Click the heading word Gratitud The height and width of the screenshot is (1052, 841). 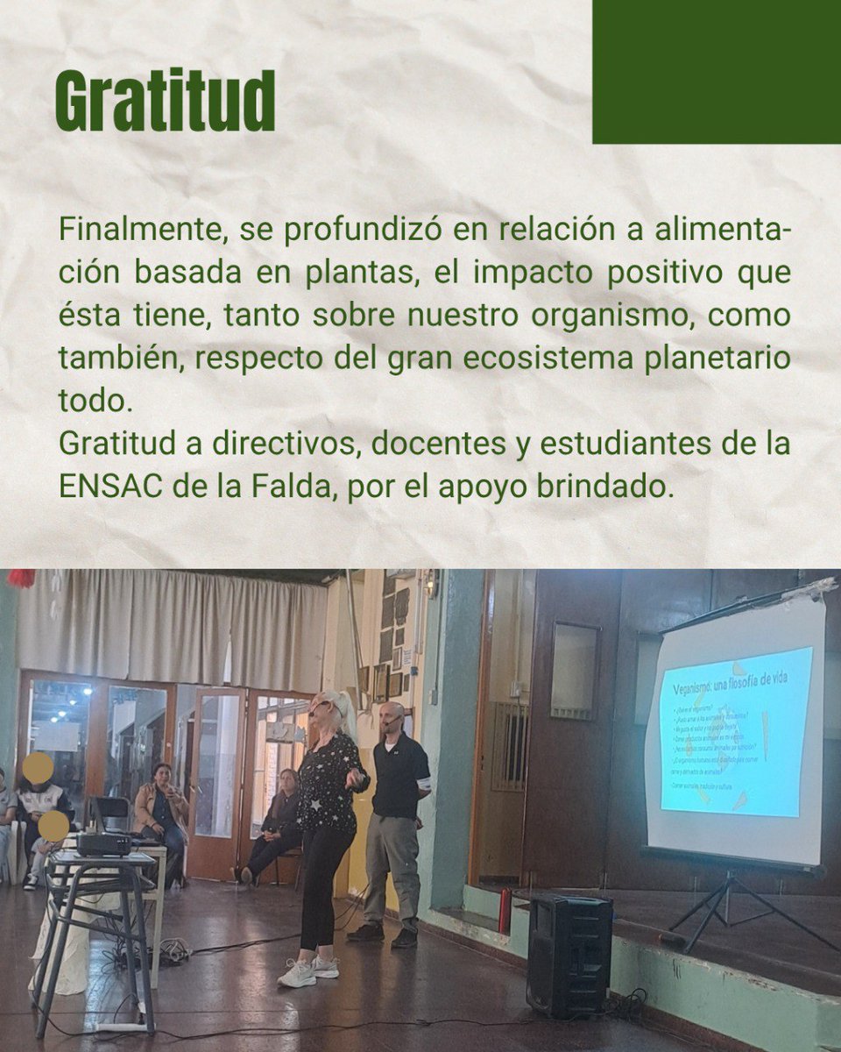165,101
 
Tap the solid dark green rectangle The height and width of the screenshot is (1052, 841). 717,72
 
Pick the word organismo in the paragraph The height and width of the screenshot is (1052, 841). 604,316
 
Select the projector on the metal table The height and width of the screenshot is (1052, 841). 103,843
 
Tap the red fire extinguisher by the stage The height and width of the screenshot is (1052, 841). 505,912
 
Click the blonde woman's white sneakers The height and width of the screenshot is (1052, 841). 308,969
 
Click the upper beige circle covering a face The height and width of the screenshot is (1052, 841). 38,767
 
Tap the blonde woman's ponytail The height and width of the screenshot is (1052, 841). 344,712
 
